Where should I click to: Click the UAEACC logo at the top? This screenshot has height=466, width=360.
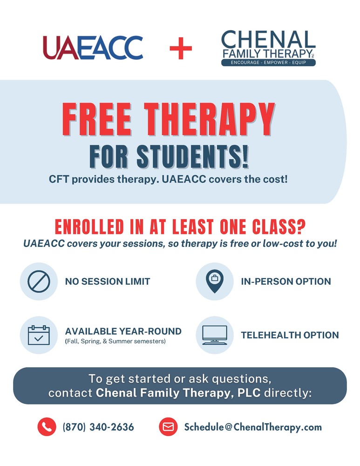(93, 48)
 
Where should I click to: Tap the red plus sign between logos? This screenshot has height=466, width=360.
(181, 48)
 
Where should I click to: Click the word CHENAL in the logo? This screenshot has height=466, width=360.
(268, 40)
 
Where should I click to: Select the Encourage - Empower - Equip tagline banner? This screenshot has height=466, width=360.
(268, 62)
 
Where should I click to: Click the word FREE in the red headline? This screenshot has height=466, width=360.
(98, 120)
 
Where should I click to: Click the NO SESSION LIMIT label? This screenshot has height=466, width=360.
(108, 281)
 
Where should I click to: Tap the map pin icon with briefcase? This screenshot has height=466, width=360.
(215, 281)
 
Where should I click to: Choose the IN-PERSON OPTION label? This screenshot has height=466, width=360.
(286, 281)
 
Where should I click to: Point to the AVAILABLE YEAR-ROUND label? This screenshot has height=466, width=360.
(123, 331)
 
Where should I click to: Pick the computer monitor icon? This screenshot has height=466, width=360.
(215, 335)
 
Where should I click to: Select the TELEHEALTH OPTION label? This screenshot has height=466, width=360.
(290, 335)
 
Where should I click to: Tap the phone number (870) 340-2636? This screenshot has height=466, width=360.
(98, 427)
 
